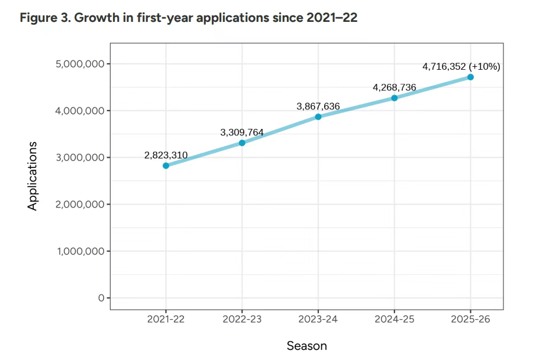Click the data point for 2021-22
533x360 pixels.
166,166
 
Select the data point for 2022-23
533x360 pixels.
242,143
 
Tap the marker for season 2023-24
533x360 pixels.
318,116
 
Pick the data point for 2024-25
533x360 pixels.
395,98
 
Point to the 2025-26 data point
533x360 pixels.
470,77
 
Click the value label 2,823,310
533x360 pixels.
166,155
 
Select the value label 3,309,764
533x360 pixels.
242,132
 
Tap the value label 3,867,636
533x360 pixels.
318,106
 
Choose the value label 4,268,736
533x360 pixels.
395,87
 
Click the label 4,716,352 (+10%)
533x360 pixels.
461,66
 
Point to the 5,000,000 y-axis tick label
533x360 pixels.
80,64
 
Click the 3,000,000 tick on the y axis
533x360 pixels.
80,158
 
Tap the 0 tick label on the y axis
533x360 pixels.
101,298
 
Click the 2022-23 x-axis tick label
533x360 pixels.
242,320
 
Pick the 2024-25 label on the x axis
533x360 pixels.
395,320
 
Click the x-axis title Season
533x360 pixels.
306,346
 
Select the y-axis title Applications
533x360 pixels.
33,176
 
